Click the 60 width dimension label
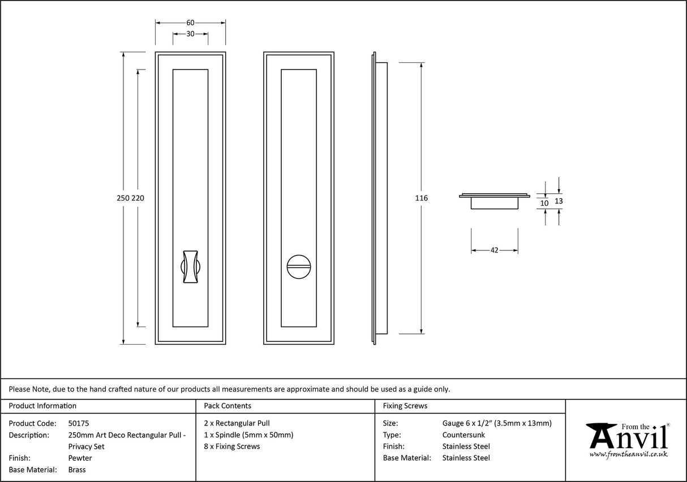click(x=190, y=23)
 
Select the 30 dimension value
click(x=190, y=34)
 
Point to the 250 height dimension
click(x=123, y=198)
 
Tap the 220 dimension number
click(x=138, y=198)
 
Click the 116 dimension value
click(x=421, y=198)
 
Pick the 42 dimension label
click(x=494, y=250)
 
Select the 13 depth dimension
click(x=559, y=201)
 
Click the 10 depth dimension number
click(x=544, y=203)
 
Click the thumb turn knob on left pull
click(x=190, y=265)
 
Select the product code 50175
click(x=78, y=423)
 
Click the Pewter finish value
click(x=80, y=458)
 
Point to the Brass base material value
click(x=77, y=470)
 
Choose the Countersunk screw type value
click(x=463, y=435)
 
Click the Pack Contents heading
click(x=227, y=406)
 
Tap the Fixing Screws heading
click(x=405, y=406)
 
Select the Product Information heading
click(x=43, y=406)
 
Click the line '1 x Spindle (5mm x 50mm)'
click(x=248, y=435)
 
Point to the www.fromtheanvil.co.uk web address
click(x=628, y=454)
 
